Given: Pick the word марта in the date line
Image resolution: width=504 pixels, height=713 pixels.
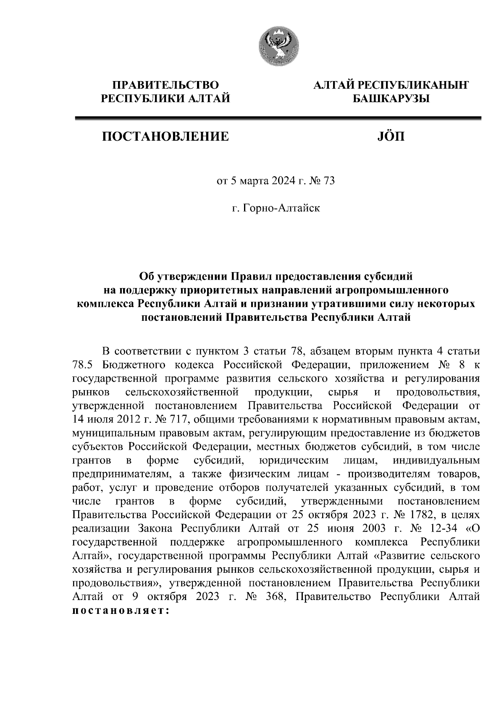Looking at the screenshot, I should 255,181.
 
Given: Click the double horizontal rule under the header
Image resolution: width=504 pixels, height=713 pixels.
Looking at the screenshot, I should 277,119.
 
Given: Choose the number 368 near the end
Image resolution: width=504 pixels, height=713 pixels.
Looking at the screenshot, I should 277,597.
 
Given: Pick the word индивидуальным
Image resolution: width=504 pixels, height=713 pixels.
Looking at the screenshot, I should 436,460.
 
